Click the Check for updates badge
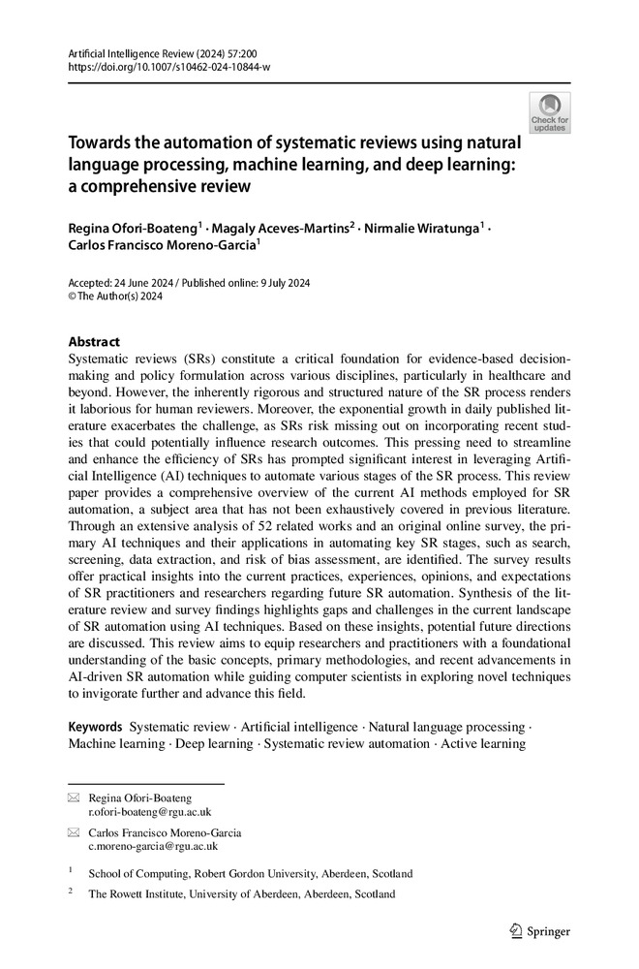click(x=549, y=113)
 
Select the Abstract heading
click(x=94, y=342)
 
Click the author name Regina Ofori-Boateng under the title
click(x=133, y=228)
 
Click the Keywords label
click(x=95, y=727)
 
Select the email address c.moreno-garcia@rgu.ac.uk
click(x=153, y=845)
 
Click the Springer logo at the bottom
click(x=540, y=932)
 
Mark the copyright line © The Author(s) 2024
click(x=115, y=297)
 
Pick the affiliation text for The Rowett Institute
click(x=241, y=894)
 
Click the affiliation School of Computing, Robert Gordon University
click(x=250, y=873)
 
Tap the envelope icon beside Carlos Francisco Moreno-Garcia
click(x=74, y=832)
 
